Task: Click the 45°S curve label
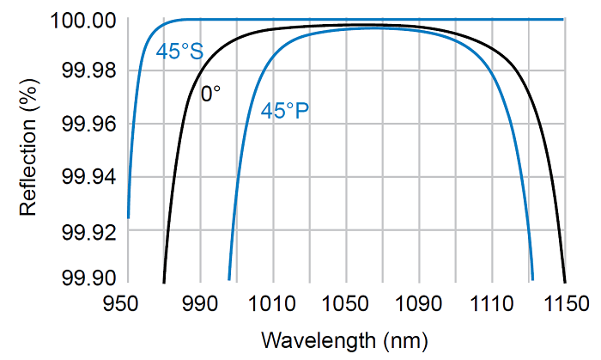[179, 52]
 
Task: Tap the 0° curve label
[210, 94]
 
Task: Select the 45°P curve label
[285, 112]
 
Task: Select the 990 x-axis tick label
[199, 302]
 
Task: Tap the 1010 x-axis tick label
[272, 302]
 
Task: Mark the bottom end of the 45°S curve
[129, 217]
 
